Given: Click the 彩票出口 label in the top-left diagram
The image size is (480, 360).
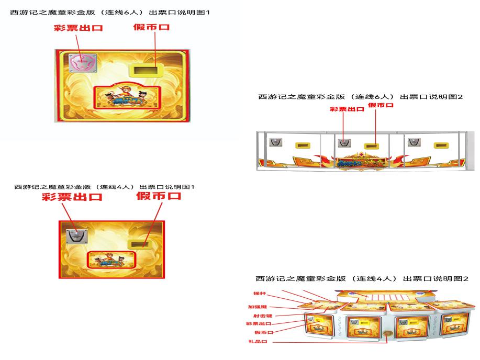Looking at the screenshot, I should coord(78,28).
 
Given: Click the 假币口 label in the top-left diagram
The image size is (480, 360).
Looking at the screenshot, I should coord(151,27).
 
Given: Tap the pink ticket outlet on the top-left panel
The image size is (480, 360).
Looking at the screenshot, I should coord(81,64).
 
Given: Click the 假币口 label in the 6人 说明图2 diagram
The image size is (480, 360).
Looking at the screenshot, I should coord(381,105).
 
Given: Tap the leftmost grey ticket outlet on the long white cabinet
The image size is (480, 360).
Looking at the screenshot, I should coord(274,141).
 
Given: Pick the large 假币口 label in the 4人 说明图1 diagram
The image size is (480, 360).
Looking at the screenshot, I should coord(159,196).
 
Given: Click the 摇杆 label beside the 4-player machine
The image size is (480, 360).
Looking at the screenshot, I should coord(260,294).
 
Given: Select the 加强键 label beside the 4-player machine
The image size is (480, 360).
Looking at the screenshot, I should coord(258,307).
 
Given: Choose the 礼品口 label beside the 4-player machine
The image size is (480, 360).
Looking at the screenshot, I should coord(258,342).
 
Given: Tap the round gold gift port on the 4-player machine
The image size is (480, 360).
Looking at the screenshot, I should coord(387,334).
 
